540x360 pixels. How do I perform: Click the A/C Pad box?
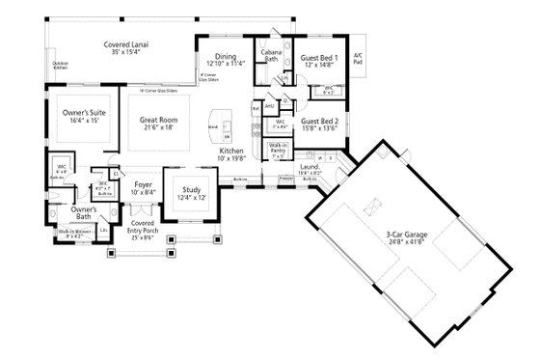[x=359, y=58]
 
